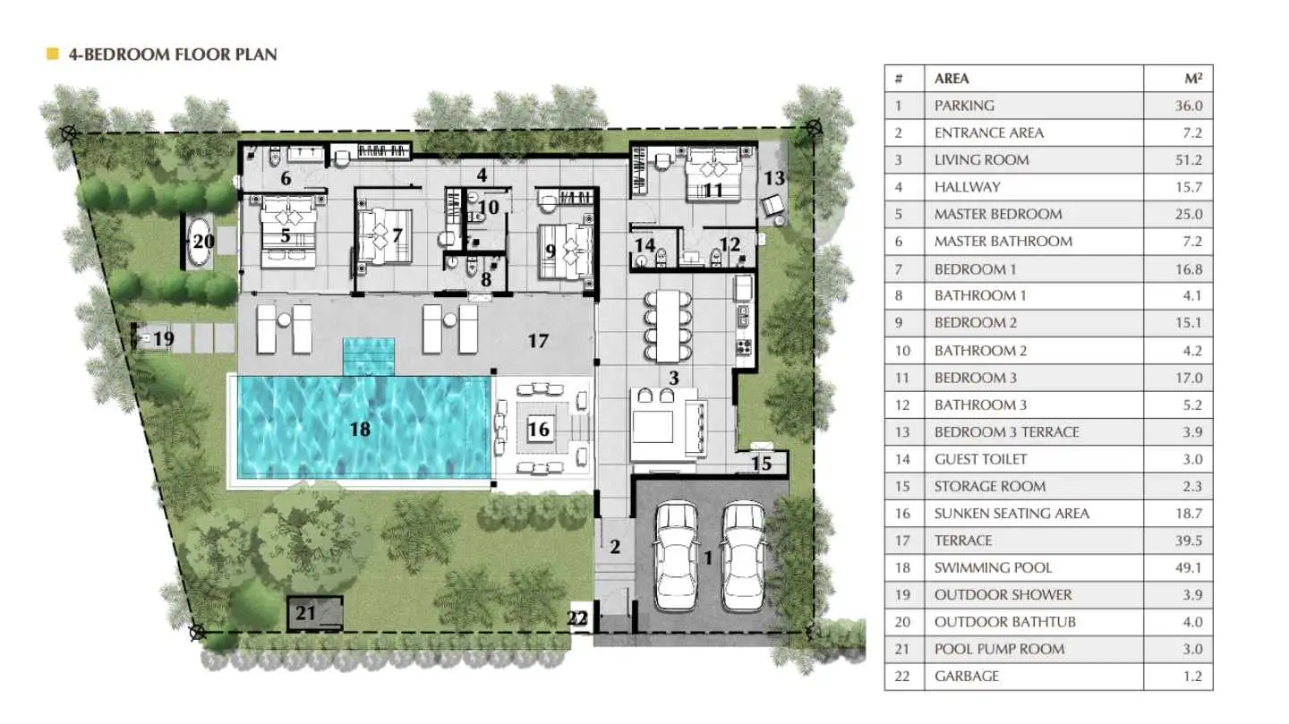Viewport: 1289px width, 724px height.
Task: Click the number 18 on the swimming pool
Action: click(x=360, y=429)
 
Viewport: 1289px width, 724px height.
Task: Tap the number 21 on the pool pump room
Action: click(x=305, y=613)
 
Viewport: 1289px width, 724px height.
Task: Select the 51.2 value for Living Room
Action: click(x=1189, y=160)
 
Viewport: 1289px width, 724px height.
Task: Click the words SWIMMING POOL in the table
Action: click(x=994, y=567)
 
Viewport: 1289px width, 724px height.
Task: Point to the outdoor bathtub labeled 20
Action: click(x=199, y=241)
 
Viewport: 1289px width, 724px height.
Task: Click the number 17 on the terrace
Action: click(x=538, y=341)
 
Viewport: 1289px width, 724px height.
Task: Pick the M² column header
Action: click(x=1193, y=78)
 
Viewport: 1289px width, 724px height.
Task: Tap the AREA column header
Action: click(x=952, y=79)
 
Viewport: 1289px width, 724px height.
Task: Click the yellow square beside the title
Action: click(x=52, y=54)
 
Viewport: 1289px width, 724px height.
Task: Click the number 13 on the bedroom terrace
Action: click(x=774, y=178)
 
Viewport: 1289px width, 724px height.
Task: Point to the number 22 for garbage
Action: click(x=577, y=618)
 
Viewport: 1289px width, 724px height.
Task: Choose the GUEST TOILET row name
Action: click(x=980, y=459)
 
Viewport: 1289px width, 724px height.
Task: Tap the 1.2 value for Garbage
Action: click(x=1192, y=677)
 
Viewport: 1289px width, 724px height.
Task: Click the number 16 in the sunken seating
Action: click(x=539, y=429)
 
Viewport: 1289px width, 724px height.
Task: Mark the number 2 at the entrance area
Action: click(x=615, y=547)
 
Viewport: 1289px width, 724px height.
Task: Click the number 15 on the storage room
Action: click(x=761, y=464)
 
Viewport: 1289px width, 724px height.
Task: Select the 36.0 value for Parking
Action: click(x=1189, y=106)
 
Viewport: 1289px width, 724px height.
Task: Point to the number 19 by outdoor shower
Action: click(x=164, y=338)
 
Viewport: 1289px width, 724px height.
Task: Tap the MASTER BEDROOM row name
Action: click(x=998, y=214)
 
